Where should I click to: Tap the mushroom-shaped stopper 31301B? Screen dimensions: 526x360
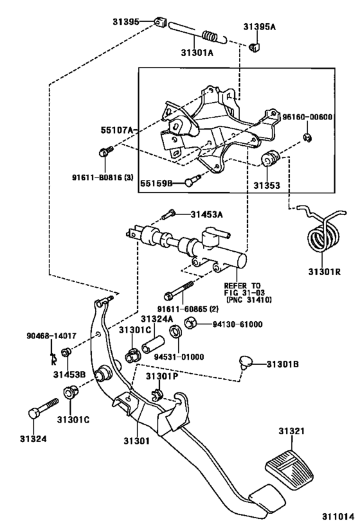(246, 362)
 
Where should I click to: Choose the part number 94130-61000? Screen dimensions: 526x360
(238, 324)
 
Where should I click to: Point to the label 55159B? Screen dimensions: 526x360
(157, 183)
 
